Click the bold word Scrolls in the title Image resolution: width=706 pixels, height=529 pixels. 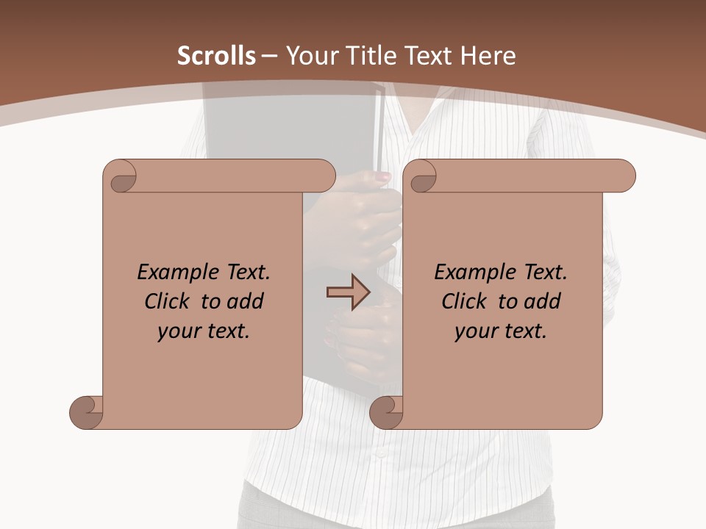pos(217,56)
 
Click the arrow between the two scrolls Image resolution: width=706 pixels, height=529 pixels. pos(348,292)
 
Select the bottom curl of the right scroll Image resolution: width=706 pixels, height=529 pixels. pos(388,411)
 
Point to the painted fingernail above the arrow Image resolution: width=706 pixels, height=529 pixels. pos(383,176)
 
